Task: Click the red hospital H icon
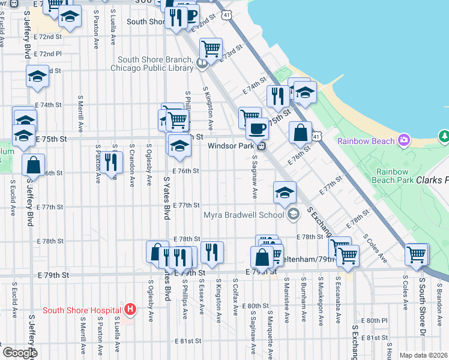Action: point(130,310)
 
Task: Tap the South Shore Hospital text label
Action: point(82,311)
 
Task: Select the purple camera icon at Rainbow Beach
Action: point(404,140)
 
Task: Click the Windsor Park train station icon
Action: point(262,146)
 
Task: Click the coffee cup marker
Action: point(257,128)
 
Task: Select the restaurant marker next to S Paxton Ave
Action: point(110,161)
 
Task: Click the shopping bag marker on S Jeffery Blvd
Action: point(34,164)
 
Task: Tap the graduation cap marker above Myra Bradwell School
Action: point(285,193)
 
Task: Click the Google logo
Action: point(20,353)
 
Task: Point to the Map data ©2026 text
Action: point(424,355)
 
